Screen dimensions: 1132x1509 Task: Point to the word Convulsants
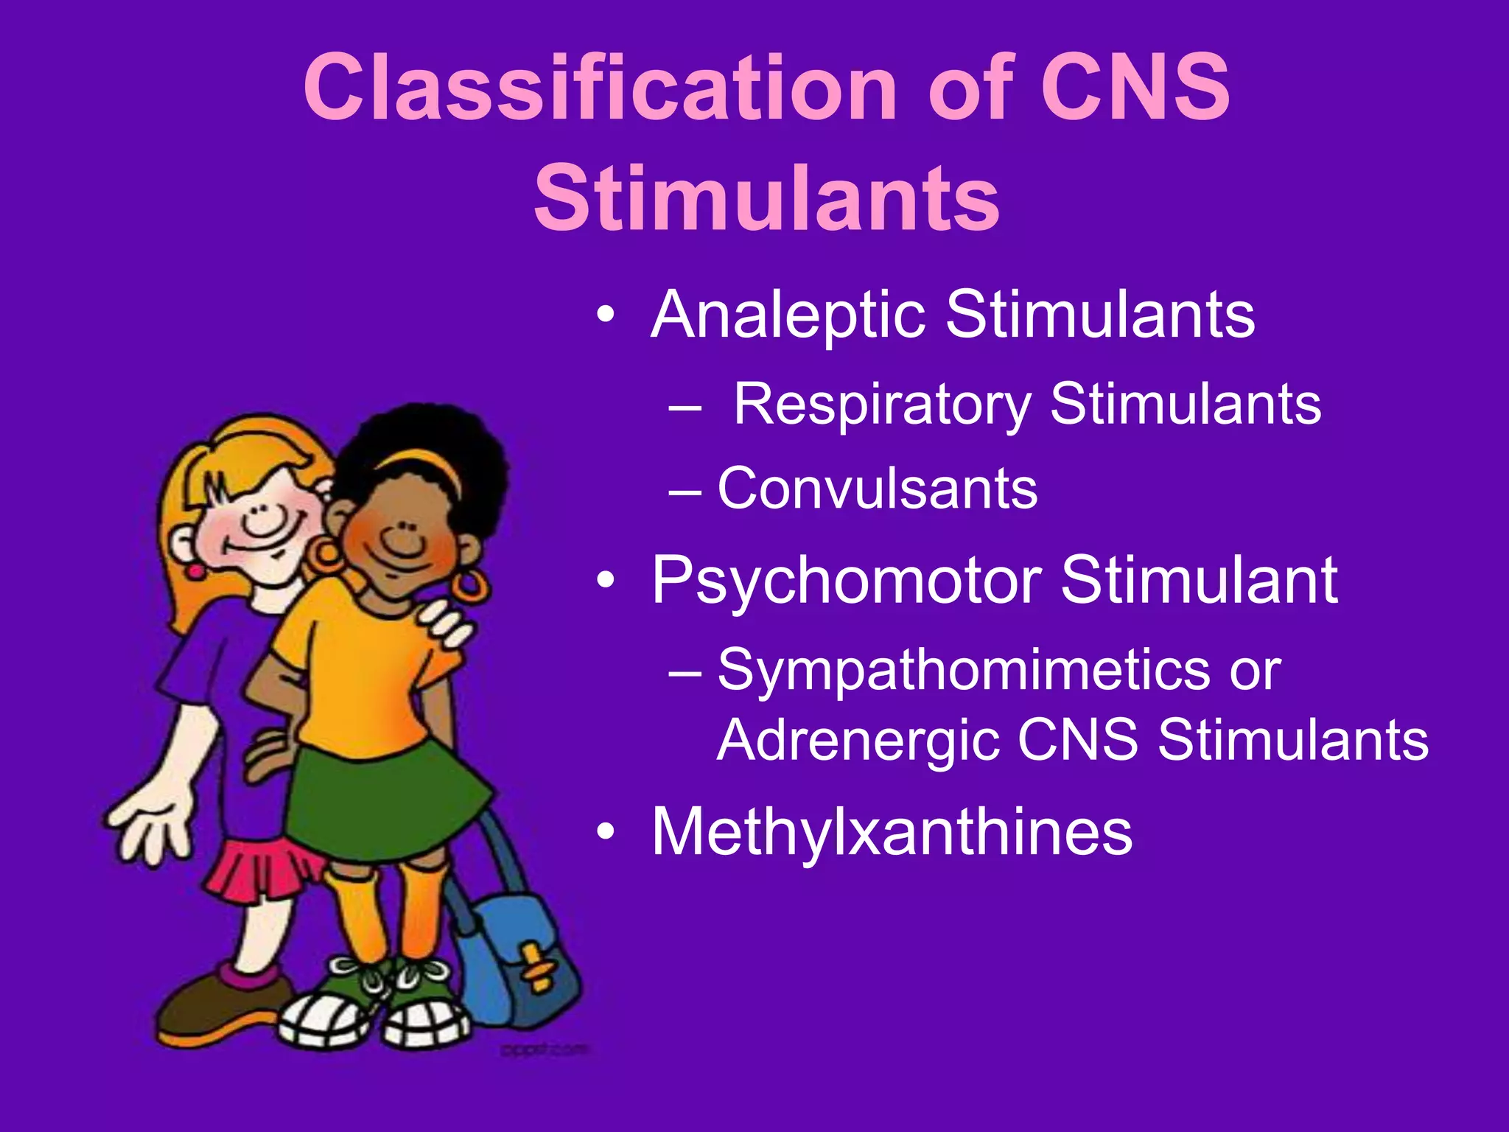click(877, 489)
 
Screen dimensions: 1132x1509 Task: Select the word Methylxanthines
click(892, 833)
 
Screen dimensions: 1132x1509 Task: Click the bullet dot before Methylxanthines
click(606, 833)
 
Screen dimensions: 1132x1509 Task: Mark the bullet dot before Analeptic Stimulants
click(606, 315)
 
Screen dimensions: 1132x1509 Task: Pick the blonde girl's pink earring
click(195, 570)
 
